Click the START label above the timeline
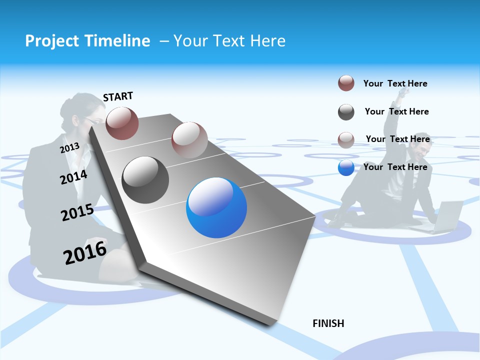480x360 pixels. [118, 96]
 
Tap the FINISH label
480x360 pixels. [328, 323]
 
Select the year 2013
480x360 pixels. [69, 147]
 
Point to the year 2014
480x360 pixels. [73, 177]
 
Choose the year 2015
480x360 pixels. [77, 212]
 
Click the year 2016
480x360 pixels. [85, 253]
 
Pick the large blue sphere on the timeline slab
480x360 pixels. [216, 207]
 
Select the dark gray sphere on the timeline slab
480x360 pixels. [145, 180]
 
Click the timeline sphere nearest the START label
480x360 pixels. [122, 123]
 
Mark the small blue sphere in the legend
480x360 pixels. [346, 167]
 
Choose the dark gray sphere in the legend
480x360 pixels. [346, 112]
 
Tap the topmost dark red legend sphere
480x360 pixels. [346, 83]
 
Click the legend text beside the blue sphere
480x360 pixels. [395, 167]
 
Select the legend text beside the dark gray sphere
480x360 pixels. [397, 111]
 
